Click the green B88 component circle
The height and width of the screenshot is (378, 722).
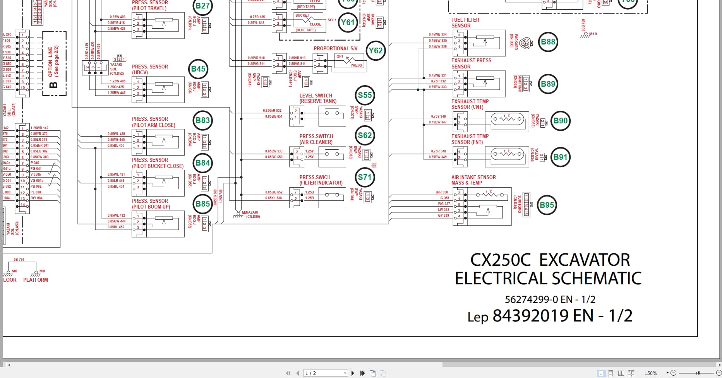[548, 42]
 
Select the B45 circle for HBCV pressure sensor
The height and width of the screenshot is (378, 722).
[198, 69]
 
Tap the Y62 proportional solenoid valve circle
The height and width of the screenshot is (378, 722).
[375, 51]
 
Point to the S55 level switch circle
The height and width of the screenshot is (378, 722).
[365, 95]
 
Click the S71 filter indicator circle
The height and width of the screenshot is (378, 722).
[365, 177]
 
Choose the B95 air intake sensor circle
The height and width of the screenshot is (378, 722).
[547, 205]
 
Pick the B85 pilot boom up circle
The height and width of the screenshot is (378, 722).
[202, 204]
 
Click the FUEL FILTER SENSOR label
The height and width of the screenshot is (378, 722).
[465, 23]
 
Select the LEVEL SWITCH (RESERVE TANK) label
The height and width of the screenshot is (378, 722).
[317, 98]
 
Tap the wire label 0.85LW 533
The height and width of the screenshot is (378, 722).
[274, 151]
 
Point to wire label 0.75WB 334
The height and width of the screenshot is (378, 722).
[437, 34]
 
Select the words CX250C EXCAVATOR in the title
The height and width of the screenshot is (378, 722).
[550, 260]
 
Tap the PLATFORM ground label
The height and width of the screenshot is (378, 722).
[36, 280]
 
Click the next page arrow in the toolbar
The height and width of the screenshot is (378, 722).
[353, 373]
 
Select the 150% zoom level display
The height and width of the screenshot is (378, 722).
[651, 373]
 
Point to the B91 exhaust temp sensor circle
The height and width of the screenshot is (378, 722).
[560, 157]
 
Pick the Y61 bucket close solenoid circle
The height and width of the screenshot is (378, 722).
[348, 22]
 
